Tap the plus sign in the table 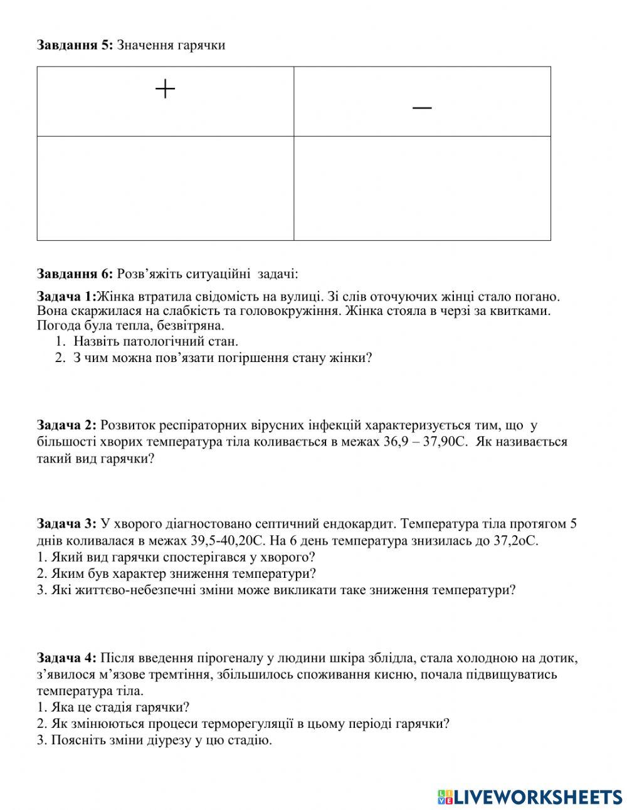click(165, 90)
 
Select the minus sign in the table click(422, 108)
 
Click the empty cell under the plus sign click(166, 188)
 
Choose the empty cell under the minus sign click(422, 188)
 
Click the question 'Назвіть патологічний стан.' click(155, 342)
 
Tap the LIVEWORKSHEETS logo click(530, 797)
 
